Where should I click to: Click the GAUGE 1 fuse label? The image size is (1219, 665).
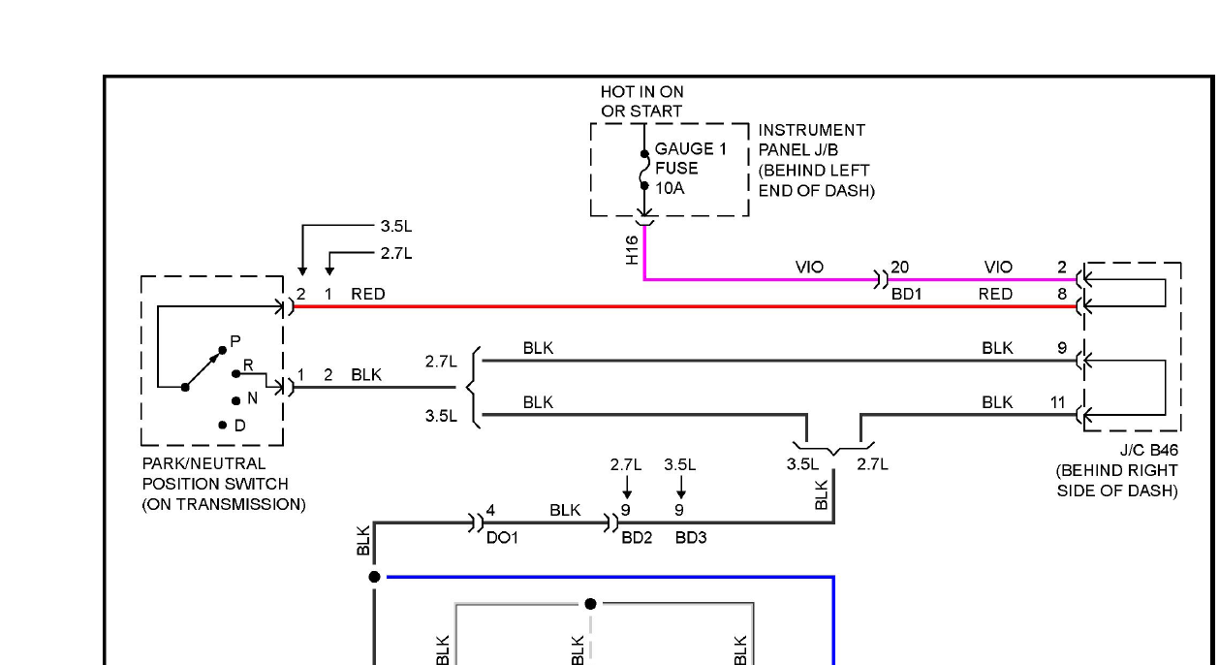click(691, 148)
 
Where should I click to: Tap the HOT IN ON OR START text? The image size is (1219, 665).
click(641, 102)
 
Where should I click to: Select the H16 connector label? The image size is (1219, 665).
click(632, 250)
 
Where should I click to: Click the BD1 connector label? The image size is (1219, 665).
click(906, 294)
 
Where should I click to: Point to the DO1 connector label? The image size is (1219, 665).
click(502, 538)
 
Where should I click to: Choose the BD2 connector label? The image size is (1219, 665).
click(637, 538)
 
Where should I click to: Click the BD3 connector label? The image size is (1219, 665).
click(691, 538)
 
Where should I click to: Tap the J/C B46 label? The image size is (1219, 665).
click(1149, 450)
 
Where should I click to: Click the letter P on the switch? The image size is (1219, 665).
click(235, 341)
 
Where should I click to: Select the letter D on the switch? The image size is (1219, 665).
click(240, 426)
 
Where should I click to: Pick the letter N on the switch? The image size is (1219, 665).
click(252, 398)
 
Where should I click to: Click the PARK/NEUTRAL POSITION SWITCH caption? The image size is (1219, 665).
click(224, 484)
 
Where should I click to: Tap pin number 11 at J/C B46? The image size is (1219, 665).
click(1057, 402)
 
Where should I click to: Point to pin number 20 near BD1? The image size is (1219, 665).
click(899, 267)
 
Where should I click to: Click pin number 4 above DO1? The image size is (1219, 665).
click(490, 510)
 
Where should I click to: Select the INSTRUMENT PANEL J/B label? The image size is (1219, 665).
click(816, 160)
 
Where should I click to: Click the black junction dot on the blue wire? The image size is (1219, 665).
click(374, 577)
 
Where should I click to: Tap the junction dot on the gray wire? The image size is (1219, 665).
click(590, 604)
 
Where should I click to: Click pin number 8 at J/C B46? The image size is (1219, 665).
click(1062, 294)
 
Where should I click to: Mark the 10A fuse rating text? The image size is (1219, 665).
click(670, 188)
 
